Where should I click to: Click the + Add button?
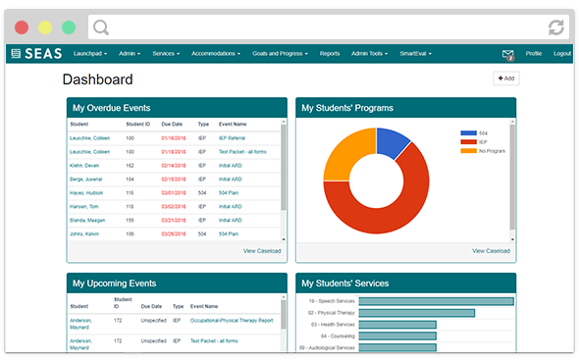pos(505,78)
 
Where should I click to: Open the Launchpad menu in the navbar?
pos(90,53)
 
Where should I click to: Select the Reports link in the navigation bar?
pos(330,53)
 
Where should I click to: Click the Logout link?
pos(561,53)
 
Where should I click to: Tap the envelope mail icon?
pos(508,54)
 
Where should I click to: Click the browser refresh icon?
pos(556,26)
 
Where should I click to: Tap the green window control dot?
pos(68,26)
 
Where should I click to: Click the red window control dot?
pos(22,26)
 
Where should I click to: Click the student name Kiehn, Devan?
pos(84,166)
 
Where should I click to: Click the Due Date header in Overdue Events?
pos(173,125)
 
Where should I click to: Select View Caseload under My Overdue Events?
pos(262,251)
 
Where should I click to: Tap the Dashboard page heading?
pos(97,79)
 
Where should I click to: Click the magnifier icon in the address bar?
pos(102,26)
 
